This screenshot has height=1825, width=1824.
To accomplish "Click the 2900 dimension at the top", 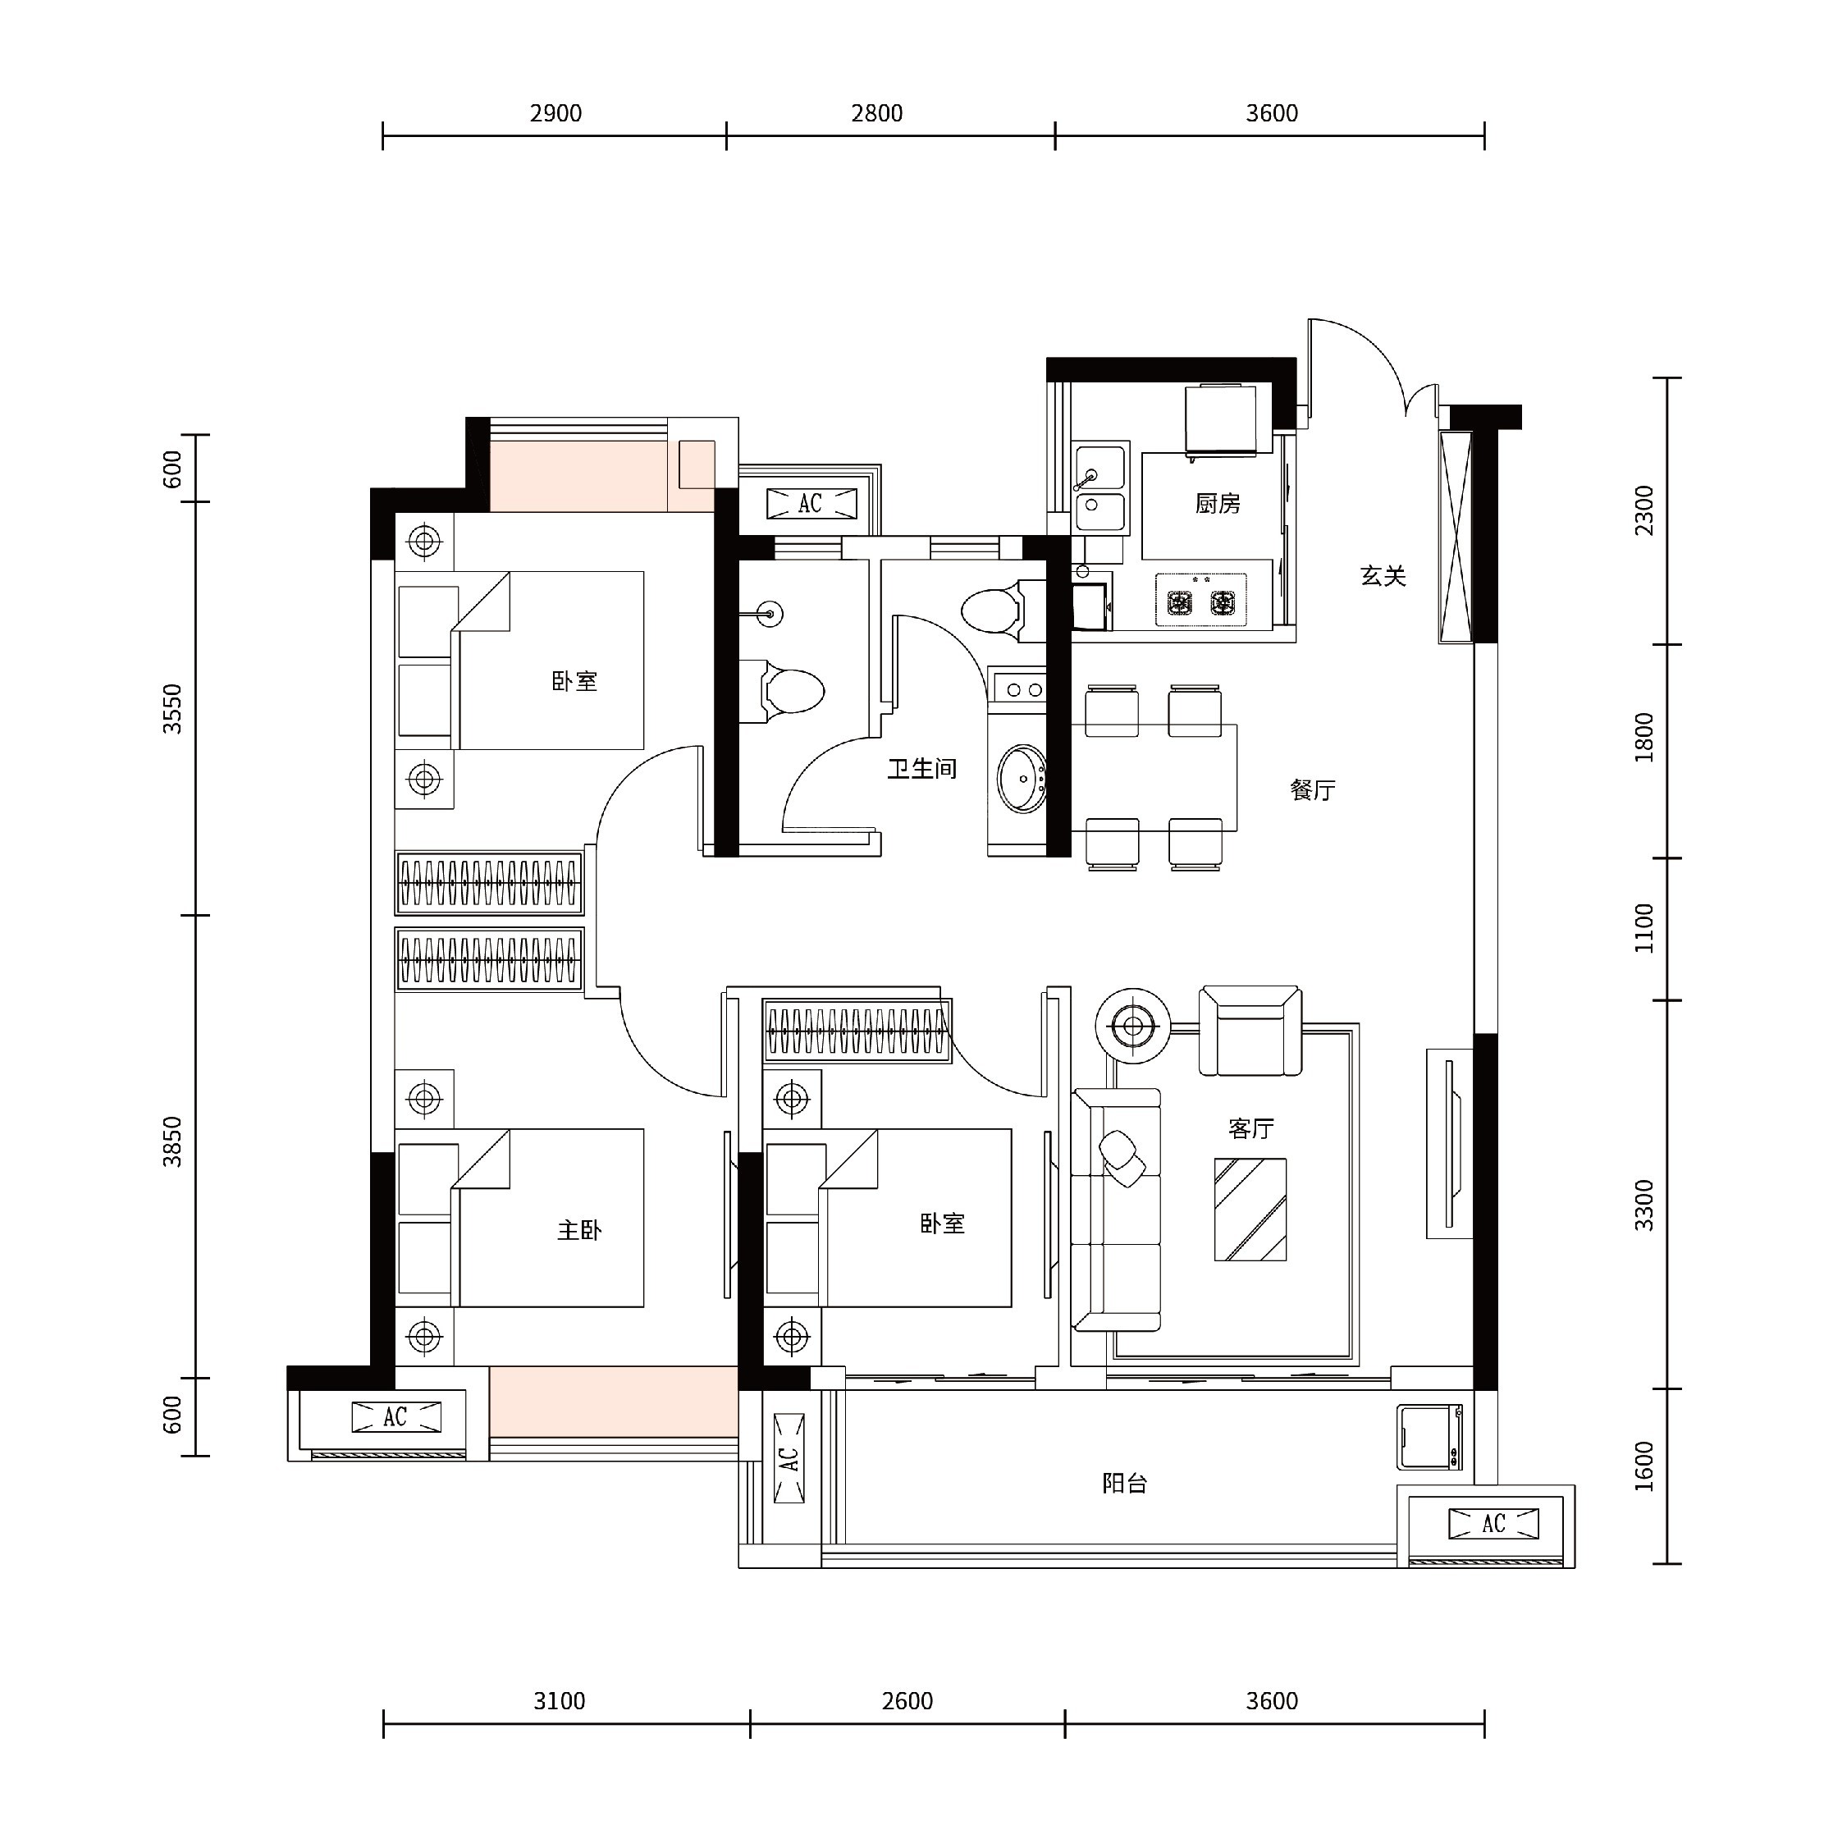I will coord(555,113).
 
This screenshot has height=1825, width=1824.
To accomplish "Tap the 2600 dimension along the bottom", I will coord(907,1701).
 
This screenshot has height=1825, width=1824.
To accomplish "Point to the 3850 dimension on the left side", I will coord(172,1142).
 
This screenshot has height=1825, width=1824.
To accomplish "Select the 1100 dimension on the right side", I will coord(1644,929).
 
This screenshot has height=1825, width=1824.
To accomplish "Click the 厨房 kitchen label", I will coord(1218,505).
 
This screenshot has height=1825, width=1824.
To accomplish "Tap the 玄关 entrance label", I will coord(1383,576).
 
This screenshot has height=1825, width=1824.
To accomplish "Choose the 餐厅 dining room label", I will coord(1312,789).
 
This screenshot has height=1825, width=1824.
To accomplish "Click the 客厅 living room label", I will coord(1250,1127).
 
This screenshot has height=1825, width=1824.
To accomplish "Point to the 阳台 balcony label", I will coord(1124,1483).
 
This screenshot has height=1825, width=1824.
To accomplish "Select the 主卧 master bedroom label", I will coord(579,1230).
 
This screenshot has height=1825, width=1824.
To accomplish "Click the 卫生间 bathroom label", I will coord(921,769).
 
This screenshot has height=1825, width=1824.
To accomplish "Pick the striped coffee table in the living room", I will coord(1250,1209).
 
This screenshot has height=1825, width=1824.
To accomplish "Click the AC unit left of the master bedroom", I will coord(395,1417).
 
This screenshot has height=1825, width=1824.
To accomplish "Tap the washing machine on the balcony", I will coord(1430,1437).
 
